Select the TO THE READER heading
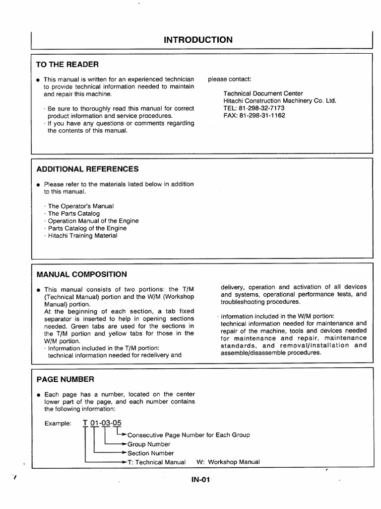tap(67, 64)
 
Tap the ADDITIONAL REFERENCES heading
tap(88, 169)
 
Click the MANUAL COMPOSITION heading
tap(82, 274)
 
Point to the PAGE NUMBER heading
tap(65, 379)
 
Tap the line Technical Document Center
tap(263, 93)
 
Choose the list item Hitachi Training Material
tap(82, 236)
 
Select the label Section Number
tap(151, 453)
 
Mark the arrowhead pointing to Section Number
tap(125, 453)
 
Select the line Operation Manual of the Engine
tap(93, 221)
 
